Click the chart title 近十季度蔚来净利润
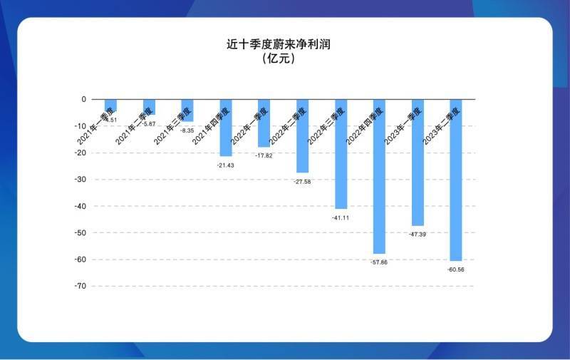pos(279,44)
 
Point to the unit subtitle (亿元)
pos(279,58)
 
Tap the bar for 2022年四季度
pos(379,176)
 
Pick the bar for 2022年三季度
pos(341,154)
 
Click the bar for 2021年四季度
pos(226,128)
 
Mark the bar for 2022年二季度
pos(302,135)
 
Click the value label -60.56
pos(456,269)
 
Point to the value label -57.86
pos(378,262)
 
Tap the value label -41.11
pos(341,217)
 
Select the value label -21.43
pos(225,165)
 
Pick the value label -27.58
pos(302,182)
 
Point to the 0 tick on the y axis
pos(83,100)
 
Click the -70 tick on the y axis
pos(80,286)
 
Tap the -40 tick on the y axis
pos(80,206)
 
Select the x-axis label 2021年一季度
pos(95,125)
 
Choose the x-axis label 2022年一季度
pos(249,125)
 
